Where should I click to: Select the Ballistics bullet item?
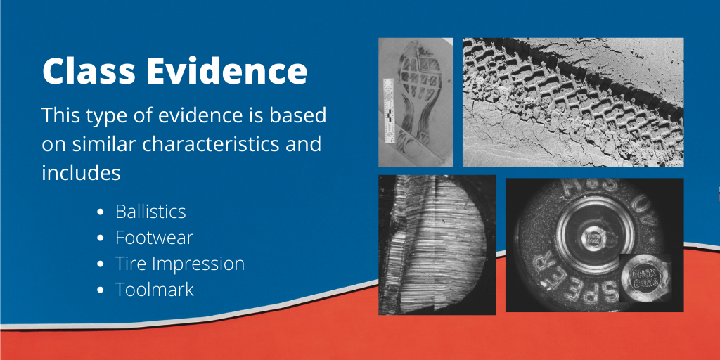150,212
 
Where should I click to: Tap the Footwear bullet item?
154,238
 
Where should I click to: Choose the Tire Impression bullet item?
180,264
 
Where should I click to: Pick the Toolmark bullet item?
155,289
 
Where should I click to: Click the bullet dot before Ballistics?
101,212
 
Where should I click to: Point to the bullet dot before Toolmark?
101,290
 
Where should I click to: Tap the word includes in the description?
81,172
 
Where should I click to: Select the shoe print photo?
415,102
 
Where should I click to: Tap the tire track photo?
572,102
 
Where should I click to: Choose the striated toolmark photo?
437,244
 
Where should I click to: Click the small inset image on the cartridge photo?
643,275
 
